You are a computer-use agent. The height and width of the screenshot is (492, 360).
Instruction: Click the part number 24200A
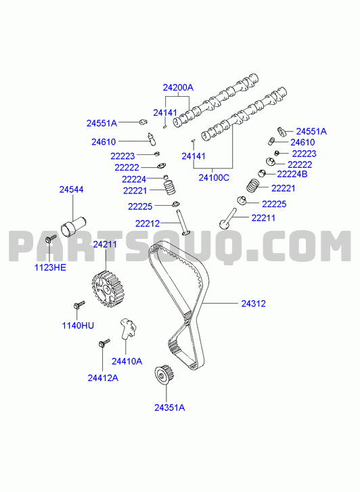(178, 87)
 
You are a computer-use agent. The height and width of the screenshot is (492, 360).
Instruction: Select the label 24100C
(214, 178)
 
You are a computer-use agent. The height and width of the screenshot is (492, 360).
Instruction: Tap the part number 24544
(72, 189)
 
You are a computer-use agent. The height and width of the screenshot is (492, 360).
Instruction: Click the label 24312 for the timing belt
(253, 304)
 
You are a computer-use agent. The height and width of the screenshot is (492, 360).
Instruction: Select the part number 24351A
(169, 407)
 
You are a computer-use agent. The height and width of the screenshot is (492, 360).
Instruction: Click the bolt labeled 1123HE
(50, 239)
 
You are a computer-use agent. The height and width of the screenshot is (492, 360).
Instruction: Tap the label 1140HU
(78, 326)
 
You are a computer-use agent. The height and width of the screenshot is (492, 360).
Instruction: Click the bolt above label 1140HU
(79, 305)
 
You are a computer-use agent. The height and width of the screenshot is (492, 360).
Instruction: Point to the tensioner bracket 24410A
(129, 328)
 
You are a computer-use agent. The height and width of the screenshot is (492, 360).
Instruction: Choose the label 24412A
(103, 378)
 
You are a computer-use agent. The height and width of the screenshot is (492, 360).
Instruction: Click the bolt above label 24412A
(104, 342)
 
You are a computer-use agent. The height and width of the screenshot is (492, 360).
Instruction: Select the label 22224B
(292, 174)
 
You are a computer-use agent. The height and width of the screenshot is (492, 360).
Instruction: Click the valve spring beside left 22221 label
(170, 187)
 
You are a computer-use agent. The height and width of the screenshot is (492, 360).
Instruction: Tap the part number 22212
(148, 224)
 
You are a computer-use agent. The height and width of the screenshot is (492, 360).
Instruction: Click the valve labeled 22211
(227, 219)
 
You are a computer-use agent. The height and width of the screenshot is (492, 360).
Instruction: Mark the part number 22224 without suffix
(134, 179)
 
